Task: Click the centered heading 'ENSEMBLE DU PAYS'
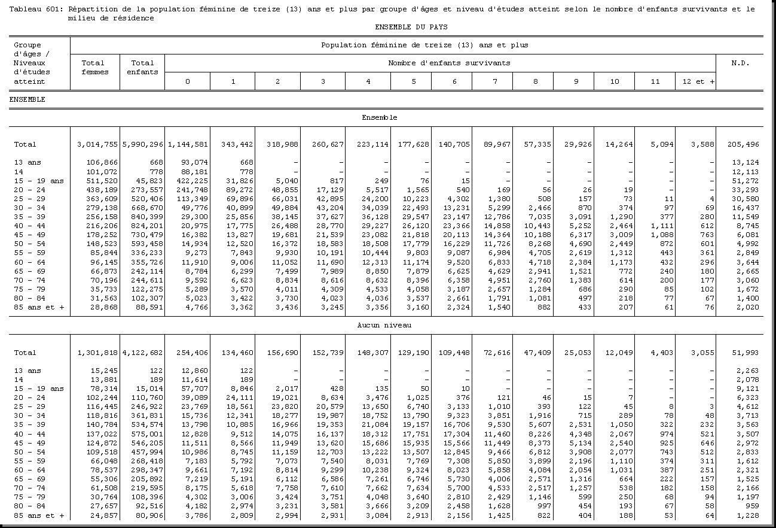(411, 27)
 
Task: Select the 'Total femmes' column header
(94, 67)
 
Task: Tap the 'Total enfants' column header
(142, 67)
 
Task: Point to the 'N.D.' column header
(740, 63)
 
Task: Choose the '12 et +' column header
(695, 81)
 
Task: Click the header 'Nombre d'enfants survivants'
(449, 63)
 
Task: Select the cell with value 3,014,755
(97, 144)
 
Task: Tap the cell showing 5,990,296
(142, 144)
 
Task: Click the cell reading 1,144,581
(188, 144)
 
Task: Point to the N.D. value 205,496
(741, 144)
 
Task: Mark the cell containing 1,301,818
(97, 353)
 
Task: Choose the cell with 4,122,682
(142, 353)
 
